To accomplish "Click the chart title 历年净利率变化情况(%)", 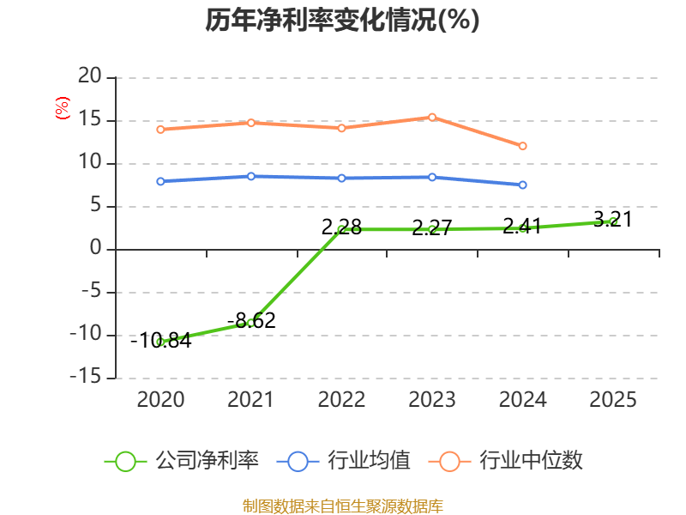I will [342, 20].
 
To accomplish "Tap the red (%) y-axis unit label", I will [62, 108].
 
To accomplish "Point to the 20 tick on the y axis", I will [90, 77].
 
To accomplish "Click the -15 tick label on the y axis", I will [86, 378].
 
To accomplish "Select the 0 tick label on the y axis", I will [96, 249].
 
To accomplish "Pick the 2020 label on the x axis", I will [160, 399].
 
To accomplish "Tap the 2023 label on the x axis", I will [432, 399].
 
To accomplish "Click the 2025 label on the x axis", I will [613, 399].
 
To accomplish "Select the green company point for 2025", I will [613, 221].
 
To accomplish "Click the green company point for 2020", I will [160, 342].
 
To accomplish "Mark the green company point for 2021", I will [250, 323].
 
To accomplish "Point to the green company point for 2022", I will [341, 229].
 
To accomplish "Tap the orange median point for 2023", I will [432, 117].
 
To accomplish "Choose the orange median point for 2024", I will [522, 146].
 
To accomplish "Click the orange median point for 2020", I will [160, 130].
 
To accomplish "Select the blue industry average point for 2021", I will [250, 176].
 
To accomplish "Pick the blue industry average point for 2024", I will [522, 185].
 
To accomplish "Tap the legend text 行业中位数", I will [531, 461].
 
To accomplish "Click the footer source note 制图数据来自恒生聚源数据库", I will [342, 506].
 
